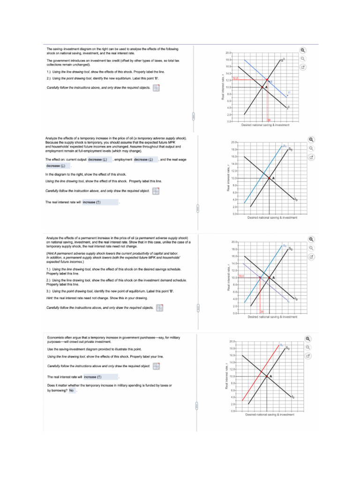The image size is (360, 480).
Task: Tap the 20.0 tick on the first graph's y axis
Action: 228,53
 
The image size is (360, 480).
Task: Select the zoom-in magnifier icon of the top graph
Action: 303,51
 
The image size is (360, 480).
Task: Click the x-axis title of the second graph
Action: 272,217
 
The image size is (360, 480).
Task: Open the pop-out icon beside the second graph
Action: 310,157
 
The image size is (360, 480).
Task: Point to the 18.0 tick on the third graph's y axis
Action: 234,249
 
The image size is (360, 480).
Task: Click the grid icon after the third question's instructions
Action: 160,308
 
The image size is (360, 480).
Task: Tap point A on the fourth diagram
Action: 267,376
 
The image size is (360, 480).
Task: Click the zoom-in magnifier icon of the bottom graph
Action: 307,339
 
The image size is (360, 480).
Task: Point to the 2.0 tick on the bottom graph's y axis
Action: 232,404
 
